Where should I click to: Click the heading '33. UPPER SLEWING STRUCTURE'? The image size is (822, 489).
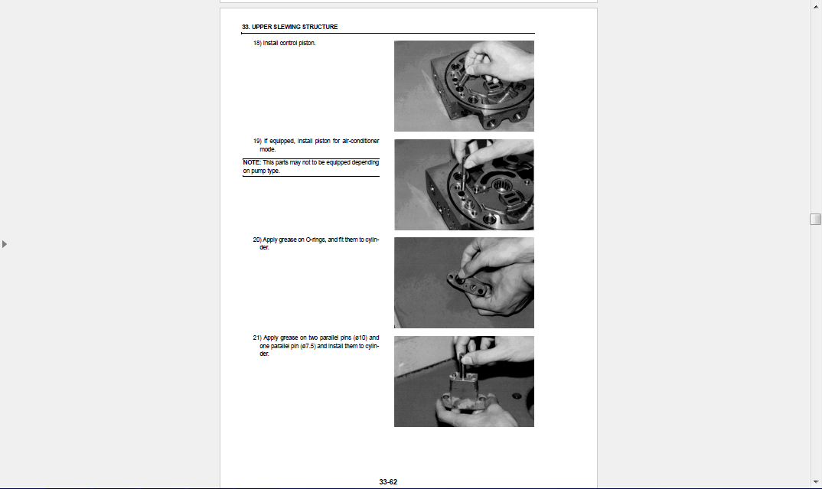(289, 27)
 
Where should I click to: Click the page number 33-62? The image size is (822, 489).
(388, 481)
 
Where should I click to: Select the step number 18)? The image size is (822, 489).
(257, 43)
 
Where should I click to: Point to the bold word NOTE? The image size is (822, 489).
(252, 162)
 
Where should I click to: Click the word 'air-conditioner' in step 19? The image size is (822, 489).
(360, 141)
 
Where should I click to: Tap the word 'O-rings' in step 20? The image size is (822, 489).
(315, 240)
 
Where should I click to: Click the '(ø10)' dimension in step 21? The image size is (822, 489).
(360, 337)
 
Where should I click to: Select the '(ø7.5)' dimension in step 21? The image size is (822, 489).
(308, 346)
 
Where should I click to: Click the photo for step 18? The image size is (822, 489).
(464, 86)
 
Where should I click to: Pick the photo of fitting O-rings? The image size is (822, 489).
(464, 282)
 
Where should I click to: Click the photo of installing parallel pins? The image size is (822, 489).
(464, 382)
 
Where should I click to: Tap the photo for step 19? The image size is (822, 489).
(464, 184)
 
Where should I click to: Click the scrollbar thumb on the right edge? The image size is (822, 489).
(815, 219)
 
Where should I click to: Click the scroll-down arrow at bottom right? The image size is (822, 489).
(815, 481)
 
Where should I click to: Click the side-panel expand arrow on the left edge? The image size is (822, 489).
(4, 244)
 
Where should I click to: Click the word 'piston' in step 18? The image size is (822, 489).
(307, 43)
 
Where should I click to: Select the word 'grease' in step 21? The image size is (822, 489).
(289, 337)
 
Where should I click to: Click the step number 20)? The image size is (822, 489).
(257, 240)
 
